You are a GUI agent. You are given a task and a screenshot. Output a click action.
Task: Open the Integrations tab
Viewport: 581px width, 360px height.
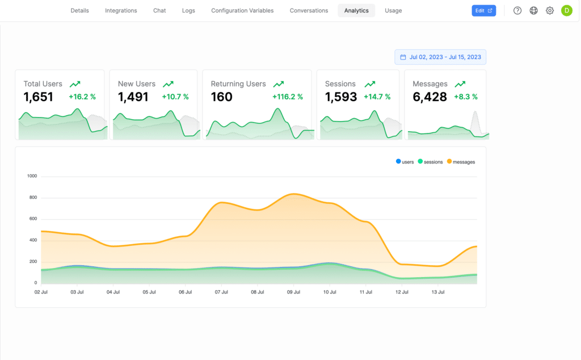[121, 11]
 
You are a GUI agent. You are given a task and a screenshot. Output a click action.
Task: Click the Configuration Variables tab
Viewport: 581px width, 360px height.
[242, 11]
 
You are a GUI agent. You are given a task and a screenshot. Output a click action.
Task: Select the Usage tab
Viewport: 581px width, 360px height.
[393, 11]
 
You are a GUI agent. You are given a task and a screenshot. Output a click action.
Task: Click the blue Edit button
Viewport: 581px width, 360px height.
[483, 11]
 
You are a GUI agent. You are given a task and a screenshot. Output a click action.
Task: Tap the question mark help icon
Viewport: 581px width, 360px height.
[517, 11]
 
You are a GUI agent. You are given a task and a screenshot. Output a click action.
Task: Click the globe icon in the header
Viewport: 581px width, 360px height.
[533, 11]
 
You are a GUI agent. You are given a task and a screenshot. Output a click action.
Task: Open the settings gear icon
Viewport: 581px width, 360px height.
[550, 11]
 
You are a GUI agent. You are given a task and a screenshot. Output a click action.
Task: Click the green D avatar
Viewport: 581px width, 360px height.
[566, 11]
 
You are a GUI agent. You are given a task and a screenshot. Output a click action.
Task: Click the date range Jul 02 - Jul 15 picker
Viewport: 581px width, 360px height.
[440, 57]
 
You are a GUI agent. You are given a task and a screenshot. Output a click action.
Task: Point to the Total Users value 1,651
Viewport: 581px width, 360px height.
[39, 97]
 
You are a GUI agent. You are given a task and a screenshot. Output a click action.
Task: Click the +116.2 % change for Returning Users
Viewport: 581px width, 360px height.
[288, 97]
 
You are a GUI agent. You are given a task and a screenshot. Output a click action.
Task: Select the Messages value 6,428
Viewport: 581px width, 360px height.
[430, 97]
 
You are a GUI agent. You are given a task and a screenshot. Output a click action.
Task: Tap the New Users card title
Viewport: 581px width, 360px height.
[136, 84]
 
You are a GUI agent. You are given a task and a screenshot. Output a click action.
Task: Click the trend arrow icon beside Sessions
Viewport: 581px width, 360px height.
[370, 84]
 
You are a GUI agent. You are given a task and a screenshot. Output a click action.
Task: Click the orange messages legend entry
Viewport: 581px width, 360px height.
[461, 162]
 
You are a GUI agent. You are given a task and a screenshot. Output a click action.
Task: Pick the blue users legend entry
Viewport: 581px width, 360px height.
[405, 162]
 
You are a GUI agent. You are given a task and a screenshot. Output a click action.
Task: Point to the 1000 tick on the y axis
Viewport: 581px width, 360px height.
[32, 176]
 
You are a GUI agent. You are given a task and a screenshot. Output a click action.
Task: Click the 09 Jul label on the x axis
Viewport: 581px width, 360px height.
[293, 292]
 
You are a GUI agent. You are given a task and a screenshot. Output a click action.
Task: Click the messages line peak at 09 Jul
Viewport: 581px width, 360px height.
[293, 194]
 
